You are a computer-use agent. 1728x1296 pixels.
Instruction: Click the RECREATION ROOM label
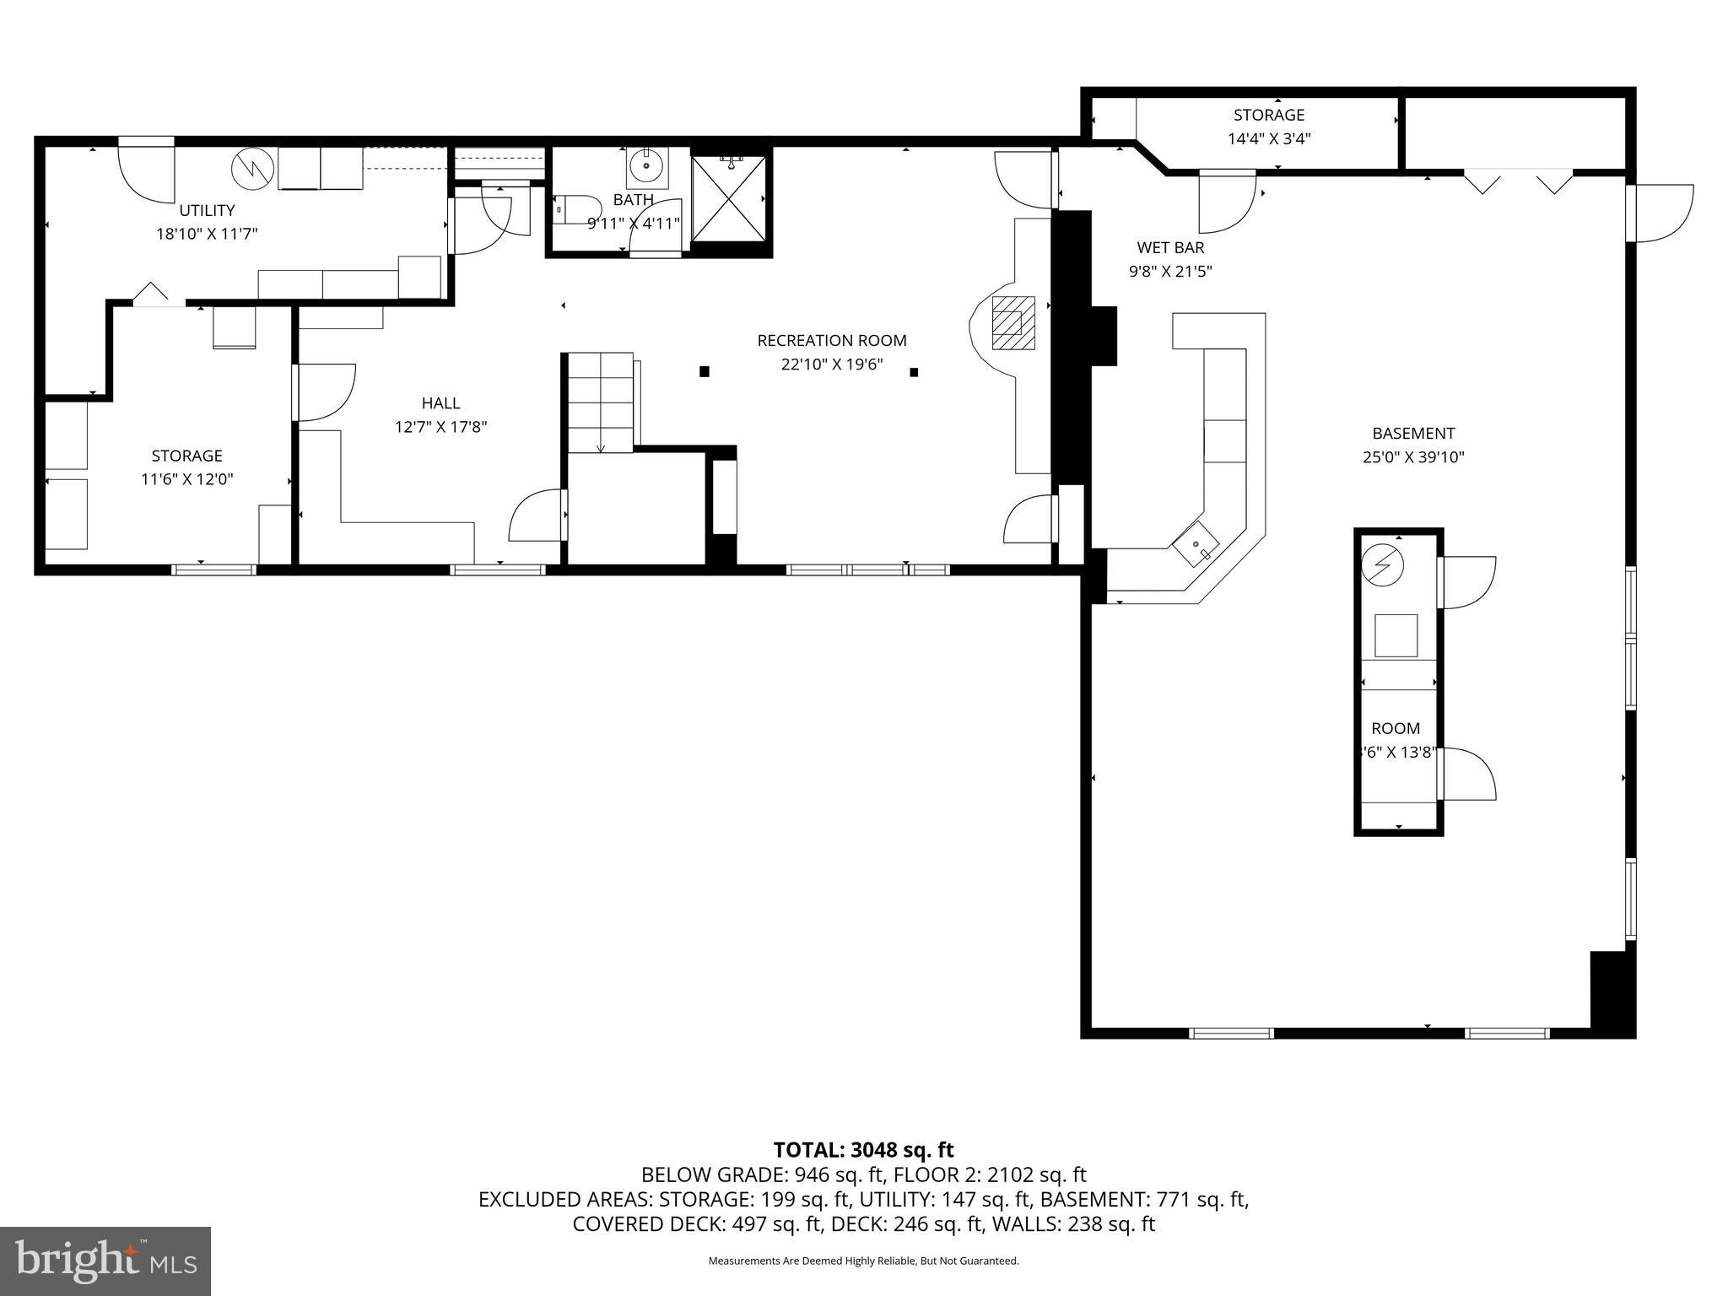coord(831,341)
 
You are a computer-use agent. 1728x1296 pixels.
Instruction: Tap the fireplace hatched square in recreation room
coord(1012,322)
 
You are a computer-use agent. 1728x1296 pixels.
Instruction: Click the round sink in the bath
coord(647,166)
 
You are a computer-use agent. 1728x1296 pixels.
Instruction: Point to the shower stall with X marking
coord(729,198)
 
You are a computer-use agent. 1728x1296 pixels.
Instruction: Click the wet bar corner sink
coord(1196,545)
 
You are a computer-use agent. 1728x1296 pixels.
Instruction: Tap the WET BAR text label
coord(1170,248)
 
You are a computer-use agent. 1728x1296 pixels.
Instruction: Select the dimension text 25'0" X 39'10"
coord(1413,457)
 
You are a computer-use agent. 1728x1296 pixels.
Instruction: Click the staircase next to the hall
coord(600,402)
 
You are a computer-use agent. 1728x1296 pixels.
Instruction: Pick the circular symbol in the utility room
coord(253,169)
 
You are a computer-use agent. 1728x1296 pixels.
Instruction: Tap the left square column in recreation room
coord(705,371)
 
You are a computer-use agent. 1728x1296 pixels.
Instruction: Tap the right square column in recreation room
coord(914,372)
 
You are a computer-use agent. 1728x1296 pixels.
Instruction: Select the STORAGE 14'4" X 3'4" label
coord(1268,127)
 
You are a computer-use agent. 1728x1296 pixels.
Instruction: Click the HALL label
coord(440,403)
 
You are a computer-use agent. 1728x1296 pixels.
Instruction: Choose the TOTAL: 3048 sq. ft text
coord(863,1150)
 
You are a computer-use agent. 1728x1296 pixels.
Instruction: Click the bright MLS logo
coord(105,1261)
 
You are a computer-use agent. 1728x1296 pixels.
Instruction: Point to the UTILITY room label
coord(207,210)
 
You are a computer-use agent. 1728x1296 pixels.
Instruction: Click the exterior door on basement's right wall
coord(1660,213)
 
